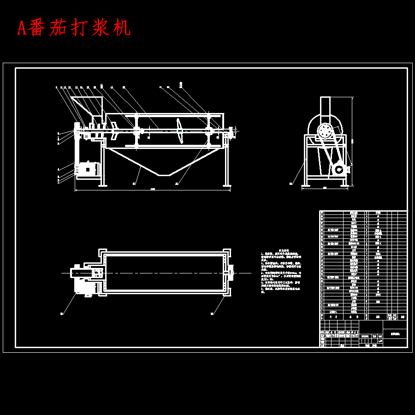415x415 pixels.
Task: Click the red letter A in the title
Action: (x=21, y=29)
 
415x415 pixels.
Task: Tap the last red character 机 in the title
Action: (x=122, y=28)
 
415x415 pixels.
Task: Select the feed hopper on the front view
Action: (x=88, y=107)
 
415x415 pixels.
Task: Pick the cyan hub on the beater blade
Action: (x=179, y=131)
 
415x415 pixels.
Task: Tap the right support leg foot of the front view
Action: (x=227, y=184)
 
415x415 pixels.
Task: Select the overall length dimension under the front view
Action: (x=152, y=189)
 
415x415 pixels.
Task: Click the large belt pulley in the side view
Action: (x=326, y=132)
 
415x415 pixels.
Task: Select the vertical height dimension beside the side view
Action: (x=352, y=141)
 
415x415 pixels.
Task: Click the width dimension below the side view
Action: (x=325, y=188)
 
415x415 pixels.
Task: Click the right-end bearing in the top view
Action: (x=231, y=273)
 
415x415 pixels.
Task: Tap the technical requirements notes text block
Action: (x=282, y=272)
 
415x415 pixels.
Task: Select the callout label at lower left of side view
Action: (x=291, y=184)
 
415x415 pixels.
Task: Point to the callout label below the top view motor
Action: (x=61, y=314)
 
